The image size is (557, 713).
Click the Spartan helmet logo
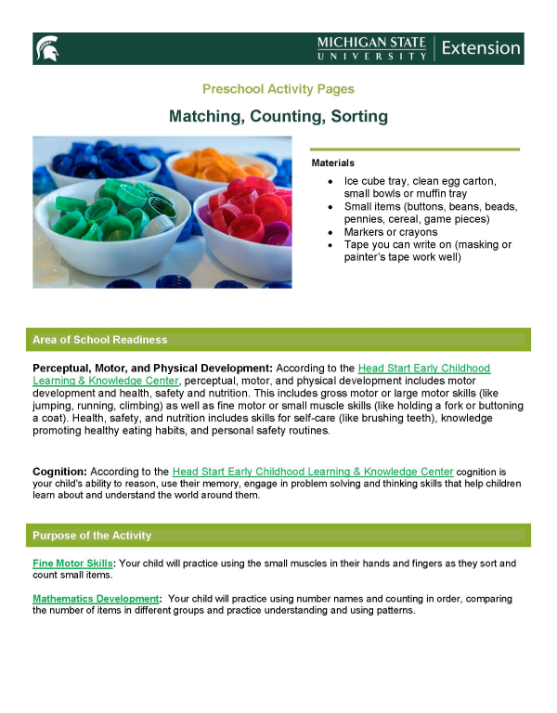[46, 47]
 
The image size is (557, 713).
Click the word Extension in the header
[480, 47]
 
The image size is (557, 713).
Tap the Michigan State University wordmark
[371, 48]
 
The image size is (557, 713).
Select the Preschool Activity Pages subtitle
[278, 89]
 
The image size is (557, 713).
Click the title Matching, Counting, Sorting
[278, 117]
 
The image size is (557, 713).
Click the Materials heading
[333, 162]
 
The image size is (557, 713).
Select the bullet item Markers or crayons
[390, 231]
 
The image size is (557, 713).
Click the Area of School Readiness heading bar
[278, 339]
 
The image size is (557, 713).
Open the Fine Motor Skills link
[72, 564]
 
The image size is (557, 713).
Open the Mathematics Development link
[96, 600]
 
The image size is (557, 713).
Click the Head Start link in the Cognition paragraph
[313, 472]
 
